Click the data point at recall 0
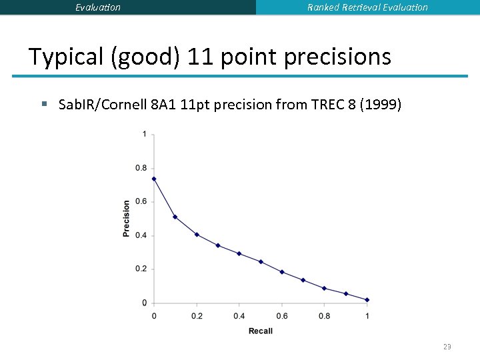154,179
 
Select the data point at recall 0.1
175,217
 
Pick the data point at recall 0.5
261,261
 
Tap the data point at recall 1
367,300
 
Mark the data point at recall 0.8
324,289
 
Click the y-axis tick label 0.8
141,168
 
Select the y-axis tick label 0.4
141,235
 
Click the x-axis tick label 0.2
197,315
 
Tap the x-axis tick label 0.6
281,315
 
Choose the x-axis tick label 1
367,315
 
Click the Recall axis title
260,331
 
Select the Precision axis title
127,219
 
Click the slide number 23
447,347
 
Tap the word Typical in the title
65,57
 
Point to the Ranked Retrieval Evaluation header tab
367,7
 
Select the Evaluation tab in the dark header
98,7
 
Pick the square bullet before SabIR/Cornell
45,104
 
